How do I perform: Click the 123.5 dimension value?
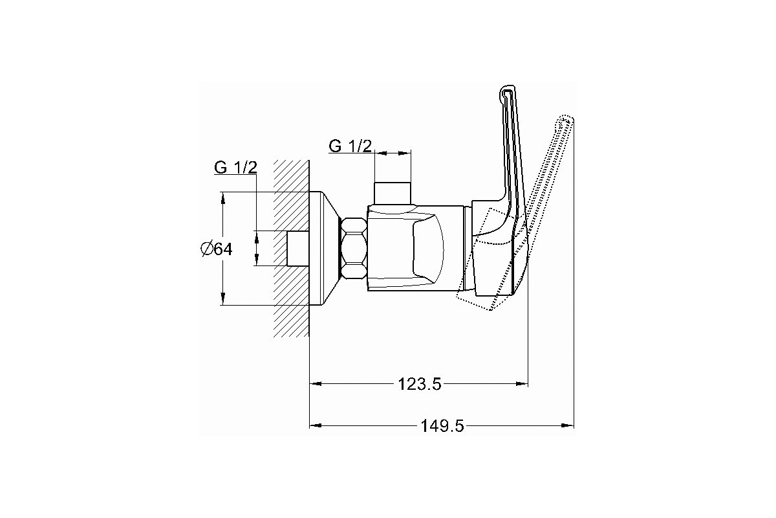point(420,384)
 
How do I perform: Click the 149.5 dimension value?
point(442,426)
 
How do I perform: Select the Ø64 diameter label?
point(217,249)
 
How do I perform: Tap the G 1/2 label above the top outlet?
point(350,146)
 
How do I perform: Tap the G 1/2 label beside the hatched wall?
point(235,168)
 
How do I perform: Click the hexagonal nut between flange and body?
point(354,248)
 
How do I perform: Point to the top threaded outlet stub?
point(393,193)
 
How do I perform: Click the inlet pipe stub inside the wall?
point(298,249)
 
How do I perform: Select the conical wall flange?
point(325,249)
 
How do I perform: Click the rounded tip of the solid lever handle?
point(507,89)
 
